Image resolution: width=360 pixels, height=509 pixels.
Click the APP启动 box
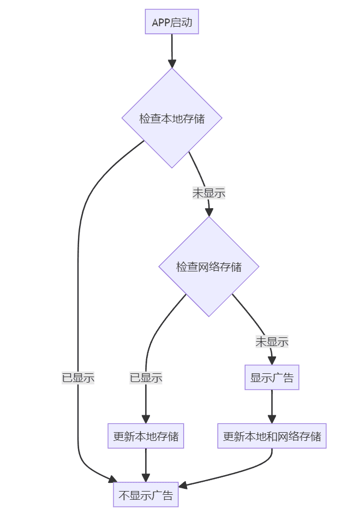click(x=172, y=22)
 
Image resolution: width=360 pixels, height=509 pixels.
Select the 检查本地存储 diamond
click(x=172, y=118)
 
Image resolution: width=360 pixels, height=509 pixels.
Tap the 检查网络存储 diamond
click(x=209, y=267)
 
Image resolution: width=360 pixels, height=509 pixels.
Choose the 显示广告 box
click(x=272, y=378)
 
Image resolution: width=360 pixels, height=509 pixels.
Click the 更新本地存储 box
click(x=146, y=436)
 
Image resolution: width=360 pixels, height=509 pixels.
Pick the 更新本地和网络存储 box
click(x=272, y=436)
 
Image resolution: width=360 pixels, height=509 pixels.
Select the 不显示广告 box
click(x=146, y=495)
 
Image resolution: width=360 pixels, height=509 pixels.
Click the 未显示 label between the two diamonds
click(x=209, y=192)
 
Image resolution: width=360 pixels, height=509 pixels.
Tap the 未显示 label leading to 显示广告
click(x=272, y=342)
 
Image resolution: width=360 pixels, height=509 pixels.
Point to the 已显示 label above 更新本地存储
click(x=146, y=378)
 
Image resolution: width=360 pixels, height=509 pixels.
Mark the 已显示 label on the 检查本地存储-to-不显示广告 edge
click(x=78, y=378)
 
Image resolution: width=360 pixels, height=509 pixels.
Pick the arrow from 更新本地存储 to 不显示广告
click(x=146, y=464)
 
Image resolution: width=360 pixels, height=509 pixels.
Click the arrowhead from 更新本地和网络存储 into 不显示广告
click(x=184, y=484)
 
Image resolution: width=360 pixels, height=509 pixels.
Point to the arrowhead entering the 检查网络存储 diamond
click(x=209, y=212)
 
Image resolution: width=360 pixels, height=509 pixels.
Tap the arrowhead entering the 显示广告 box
click(x=272, y=360)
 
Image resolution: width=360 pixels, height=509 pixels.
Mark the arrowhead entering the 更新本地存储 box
click(x=146, y=419)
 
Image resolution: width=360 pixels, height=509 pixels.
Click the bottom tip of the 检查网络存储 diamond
click(x=209, y=316)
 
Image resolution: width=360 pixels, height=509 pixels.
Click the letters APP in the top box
click(x=161, y=22)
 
